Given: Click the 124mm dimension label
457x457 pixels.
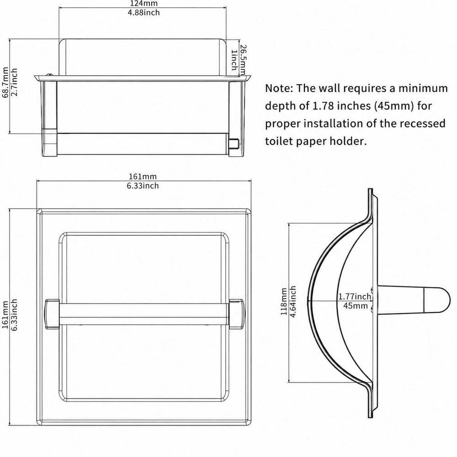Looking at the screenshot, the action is coord(143,4).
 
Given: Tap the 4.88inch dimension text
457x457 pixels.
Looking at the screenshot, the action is coord(143,12).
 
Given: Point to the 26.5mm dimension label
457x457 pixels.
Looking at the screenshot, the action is coord(243,60).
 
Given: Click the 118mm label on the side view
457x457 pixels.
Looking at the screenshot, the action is coord(284,301).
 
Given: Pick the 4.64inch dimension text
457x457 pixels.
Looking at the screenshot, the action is coord(293,301).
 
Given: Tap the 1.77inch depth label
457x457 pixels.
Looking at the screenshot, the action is coord(355,297).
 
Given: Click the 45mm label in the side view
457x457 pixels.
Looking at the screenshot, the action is coord(355,306).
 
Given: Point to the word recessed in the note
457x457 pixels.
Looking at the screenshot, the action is coord(422,123).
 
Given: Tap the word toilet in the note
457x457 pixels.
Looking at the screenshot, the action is coord(279,141).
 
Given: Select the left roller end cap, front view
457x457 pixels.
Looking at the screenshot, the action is coord(52,314).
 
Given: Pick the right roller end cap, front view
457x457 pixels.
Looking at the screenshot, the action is coord(236,314).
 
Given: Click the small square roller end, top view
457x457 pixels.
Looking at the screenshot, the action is coord(234,143).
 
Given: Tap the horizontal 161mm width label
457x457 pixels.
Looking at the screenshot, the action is coord(143,176).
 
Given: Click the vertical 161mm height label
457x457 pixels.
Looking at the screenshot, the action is coord(5,315).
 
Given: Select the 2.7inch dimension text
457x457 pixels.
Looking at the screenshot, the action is coord(14,82).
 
